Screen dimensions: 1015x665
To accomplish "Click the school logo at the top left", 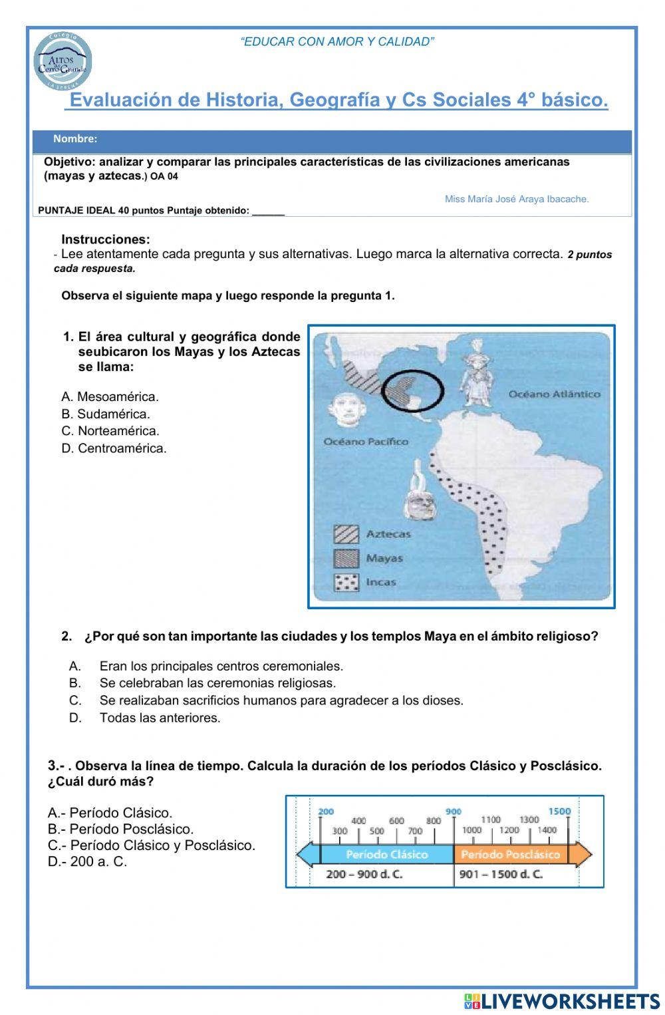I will click(63, 62).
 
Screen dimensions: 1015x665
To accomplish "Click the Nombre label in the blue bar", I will click(75, 139).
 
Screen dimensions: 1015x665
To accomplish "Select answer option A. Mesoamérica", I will click(110, 397).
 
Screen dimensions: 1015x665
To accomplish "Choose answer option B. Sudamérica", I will click(106, 414).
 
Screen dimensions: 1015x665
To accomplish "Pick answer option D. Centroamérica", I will click(114, 448).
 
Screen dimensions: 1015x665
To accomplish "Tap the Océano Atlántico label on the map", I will click(554, 394).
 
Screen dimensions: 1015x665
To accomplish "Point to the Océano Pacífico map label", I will click(366, 442).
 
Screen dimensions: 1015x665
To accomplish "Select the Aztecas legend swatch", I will click(346, 534).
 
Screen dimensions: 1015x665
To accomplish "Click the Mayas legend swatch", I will click(346, 558).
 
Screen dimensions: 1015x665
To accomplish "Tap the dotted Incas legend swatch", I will click(346, 583).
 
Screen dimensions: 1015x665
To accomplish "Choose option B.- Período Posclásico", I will click(121, 829).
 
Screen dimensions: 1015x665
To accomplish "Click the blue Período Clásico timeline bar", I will click(386, 855).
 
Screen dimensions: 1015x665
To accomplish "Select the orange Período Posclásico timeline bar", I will click(510, 855).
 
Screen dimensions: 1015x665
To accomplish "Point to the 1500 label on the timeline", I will click(559, 811).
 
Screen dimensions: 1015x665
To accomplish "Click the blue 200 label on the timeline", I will click(326, 811).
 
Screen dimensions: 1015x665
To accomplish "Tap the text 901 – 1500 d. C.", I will click(501, 874).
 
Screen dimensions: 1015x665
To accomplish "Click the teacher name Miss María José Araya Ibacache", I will click(517, 199).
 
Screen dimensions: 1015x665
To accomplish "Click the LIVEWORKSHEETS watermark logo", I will click(562, 1002).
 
